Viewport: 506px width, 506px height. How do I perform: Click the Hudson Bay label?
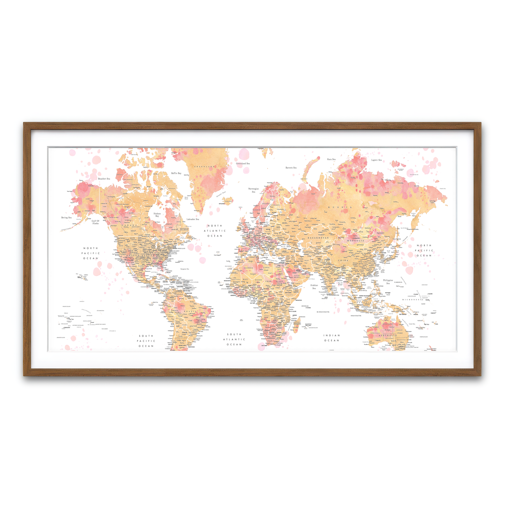coord(157,215)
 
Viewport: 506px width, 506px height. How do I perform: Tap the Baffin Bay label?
coord(176,173)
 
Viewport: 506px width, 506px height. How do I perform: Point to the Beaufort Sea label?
coord(104,179)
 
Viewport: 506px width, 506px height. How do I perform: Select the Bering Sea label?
coord(67,218)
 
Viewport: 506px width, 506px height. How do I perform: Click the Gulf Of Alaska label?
coord(95,222)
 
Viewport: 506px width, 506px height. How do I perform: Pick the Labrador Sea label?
coord(193,219)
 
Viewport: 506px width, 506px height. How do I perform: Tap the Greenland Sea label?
coord(243,164)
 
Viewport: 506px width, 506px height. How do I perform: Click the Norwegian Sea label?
coord(253,190)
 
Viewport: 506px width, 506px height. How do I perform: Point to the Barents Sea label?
coord(291,168)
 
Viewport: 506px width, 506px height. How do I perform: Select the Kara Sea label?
coord(331,159)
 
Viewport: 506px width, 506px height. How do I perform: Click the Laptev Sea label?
coord(377,160)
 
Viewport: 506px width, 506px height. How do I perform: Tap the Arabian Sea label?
coord(314,287)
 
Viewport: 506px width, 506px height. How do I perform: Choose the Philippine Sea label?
coord(388,282)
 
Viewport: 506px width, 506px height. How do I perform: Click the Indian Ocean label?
coord(332,338)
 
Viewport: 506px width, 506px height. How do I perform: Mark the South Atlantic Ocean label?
coord(234,339)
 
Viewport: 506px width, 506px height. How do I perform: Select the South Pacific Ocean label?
coord(146,341)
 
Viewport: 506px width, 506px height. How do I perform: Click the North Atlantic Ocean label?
coord(215,231)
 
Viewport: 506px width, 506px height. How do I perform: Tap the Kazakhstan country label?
coord(318,238)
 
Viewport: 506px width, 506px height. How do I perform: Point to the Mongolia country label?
coord(355,241)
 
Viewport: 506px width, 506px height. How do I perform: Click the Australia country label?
coord(387,336)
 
